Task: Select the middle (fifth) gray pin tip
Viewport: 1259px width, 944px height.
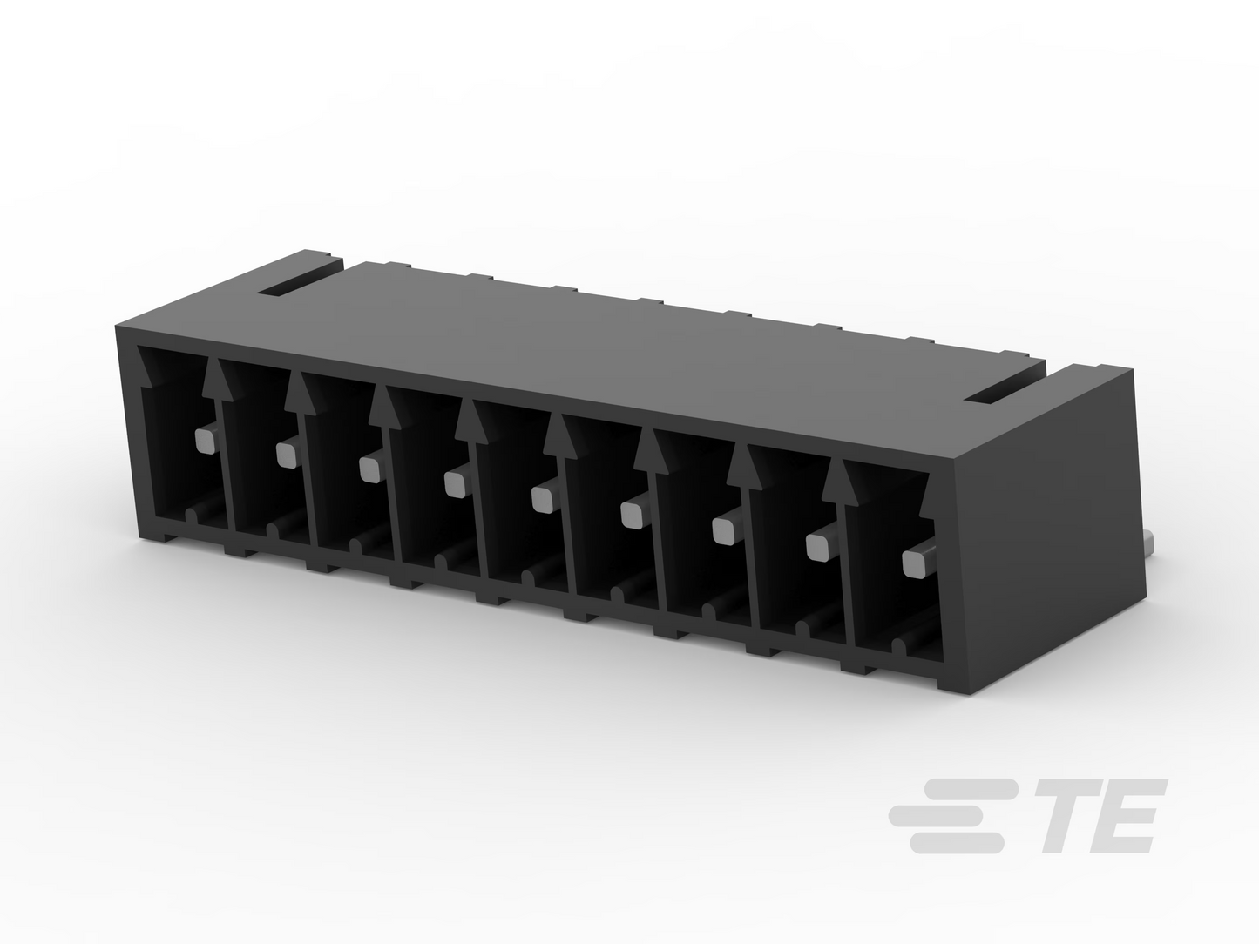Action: point(542,499)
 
